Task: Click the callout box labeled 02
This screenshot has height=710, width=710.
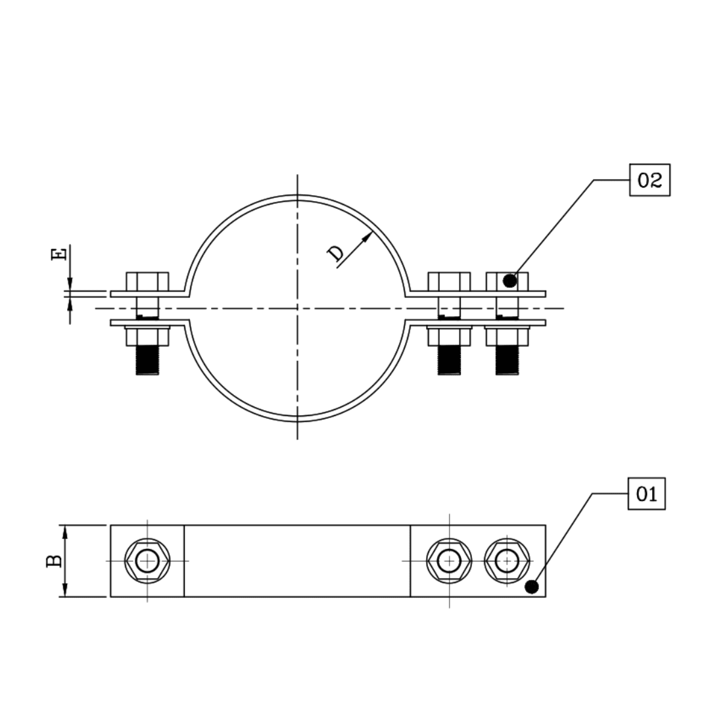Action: [x=650, y=180]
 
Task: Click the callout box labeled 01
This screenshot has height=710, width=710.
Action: [x=647, y=494]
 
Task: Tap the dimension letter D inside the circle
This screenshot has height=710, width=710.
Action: [x=336, y=253]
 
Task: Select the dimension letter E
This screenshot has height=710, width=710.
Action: [x=59, y=254]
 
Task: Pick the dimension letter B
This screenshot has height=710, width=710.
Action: [x=55, y=561]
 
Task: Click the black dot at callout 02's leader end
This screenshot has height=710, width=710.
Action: [x=509, y=281]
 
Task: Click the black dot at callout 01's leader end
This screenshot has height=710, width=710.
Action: [x=532, y=587]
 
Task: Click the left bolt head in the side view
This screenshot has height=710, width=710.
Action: [x=147, y=281]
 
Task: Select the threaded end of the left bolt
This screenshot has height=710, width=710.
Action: [x=147, y=360]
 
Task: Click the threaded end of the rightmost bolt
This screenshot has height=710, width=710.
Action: [x=507, y=360]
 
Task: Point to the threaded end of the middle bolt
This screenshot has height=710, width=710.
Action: [x=449, y=360]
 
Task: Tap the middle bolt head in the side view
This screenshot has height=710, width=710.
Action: [x=449, y=281]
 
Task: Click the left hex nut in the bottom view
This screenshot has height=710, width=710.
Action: [x=147, y=561]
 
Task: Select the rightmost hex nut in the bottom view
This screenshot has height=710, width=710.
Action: [x=507, y=561]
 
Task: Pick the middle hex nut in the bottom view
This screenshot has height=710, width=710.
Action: [x=449, y=561]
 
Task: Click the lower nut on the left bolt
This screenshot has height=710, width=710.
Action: [x=147, y=337]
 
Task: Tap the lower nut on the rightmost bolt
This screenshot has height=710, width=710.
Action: [x=507, y=337]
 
